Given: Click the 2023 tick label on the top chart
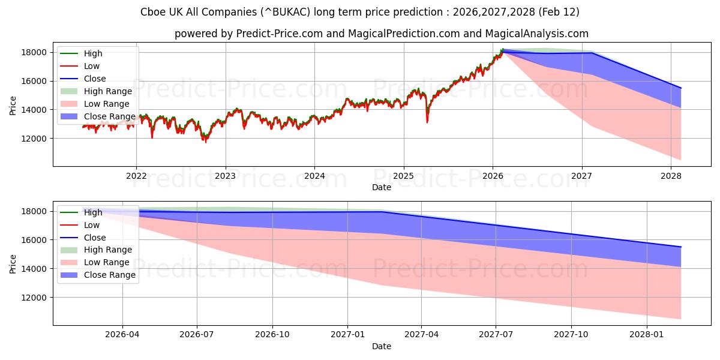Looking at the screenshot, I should coord(225,176).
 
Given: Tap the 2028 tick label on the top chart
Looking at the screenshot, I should coord(671,176).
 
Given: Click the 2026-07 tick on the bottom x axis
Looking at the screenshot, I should coord(197,335).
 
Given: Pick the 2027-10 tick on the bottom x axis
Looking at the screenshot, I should coord(571,335).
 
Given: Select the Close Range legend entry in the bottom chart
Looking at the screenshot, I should coord(109,275).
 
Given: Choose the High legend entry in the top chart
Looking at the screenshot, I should coord(93,53).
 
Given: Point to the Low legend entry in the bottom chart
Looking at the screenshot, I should coord(92,225).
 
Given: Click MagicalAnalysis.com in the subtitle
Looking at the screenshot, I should coord(539,34).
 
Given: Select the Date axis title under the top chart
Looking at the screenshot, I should coord(381,187).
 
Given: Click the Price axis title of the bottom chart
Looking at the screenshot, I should coord(13,263).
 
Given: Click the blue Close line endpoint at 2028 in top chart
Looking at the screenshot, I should coord(680,88).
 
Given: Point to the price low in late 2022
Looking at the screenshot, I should coord(205,142).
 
